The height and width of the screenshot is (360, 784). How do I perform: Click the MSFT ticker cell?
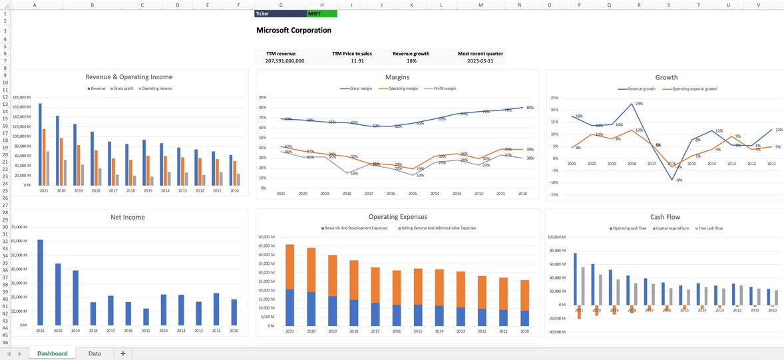coord(321,13)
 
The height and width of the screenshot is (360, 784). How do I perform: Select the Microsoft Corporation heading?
coord(294,31)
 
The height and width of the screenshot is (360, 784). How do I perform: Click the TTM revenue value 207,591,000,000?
coord(285,61)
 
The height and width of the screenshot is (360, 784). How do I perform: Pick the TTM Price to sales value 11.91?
coord(357,61)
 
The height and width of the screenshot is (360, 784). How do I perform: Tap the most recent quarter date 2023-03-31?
coord(480,61)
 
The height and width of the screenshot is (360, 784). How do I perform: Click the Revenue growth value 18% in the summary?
coord(411,61)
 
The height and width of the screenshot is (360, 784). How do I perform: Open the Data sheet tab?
coord(95,353)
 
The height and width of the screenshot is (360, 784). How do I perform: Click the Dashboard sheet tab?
coord(52,353)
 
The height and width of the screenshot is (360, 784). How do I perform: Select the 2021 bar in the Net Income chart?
coord(41,282)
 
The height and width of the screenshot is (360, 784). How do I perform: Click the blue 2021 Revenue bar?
coord(40,144)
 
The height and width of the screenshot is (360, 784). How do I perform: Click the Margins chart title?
coord(397,77)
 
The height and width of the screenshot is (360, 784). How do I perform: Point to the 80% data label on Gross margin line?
coord(530,107)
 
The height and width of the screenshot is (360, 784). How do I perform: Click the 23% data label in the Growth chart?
coord(639,104)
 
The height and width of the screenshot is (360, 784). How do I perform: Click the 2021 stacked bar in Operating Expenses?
coord(290,285)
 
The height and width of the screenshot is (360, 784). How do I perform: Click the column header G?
coord(280,5)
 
